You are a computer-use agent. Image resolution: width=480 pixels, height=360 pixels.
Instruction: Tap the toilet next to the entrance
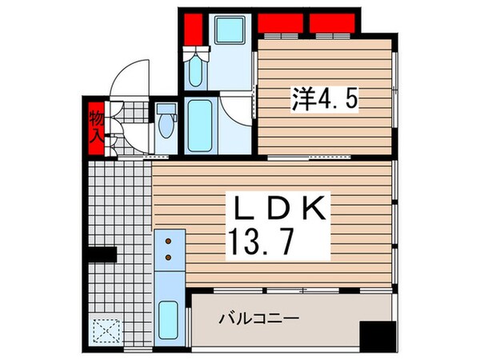pos(165,124)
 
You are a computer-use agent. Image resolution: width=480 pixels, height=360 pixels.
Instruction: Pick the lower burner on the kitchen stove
pos(169,258)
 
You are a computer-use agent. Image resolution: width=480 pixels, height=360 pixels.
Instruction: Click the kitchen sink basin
pos(169,321)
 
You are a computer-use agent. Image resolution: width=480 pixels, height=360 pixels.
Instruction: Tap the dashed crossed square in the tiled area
pos(105,330)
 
